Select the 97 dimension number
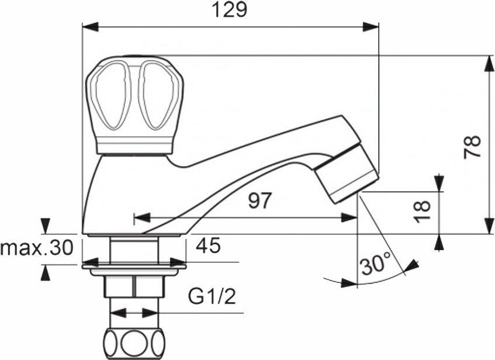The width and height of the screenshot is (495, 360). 260,201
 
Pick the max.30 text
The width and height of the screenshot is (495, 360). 36,248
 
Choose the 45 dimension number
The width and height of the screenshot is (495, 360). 208,246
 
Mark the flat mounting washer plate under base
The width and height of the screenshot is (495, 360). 134,268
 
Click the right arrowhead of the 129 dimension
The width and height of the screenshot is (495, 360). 371,26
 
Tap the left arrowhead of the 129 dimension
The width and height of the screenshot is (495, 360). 89,26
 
